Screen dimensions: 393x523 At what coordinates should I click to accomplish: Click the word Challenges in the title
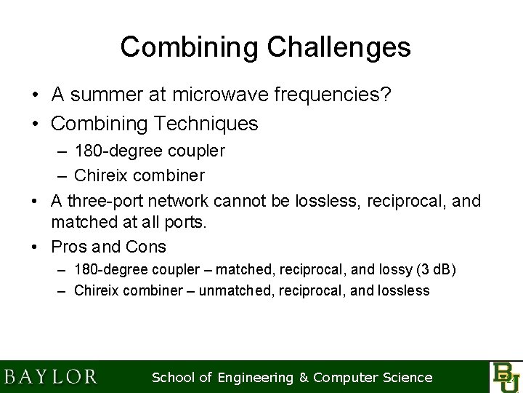pos(339,47)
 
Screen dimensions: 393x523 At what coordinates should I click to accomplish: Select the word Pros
pos(72,247)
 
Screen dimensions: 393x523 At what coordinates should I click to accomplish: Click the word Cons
pos(145,247)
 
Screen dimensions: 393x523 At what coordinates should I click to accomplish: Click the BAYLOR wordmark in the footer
pos(50,377)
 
